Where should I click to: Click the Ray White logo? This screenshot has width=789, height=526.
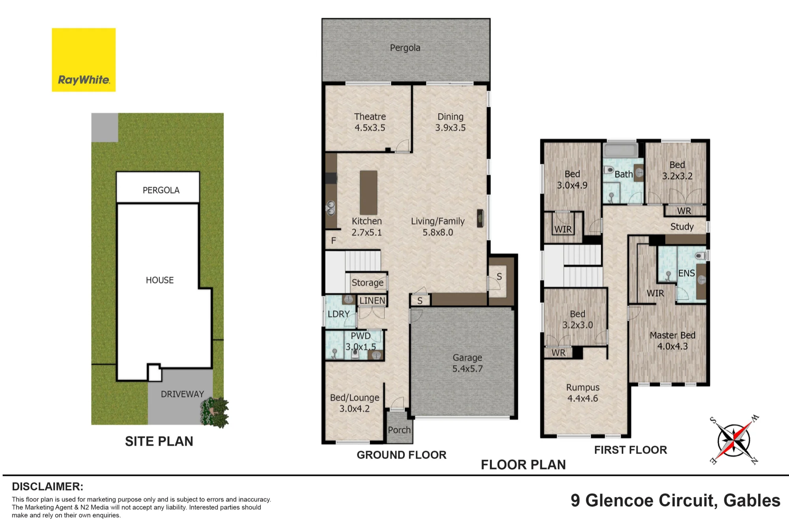click(84, 60)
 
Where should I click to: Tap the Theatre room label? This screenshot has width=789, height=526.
click(370, 117)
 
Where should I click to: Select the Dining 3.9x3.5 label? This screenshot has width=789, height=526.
click(450, 122)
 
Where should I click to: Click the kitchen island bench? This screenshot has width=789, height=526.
click(368, 192)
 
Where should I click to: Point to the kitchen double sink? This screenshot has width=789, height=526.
click(331, 208)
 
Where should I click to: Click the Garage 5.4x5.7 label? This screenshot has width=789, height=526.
click(467, 363)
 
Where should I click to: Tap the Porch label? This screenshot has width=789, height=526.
click(399, 430)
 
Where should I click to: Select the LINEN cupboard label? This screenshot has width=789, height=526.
click(372, 301)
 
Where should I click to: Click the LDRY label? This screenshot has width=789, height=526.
click(339, 314)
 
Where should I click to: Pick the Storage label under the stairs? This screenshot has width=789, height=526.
click(367, 283)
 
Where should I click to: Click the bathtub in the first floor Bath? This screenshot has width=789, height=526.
click(621, 150)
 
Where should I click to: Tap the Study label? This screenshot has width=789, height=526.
click(682, 227)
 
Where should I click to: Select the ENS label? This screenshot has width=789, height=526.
click(686, 273)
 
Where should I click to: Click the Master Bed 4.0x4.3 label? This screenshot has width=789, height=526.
click(672, 341)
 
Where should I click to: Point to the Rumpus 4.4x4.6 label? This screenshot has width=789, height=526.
click(583, 393)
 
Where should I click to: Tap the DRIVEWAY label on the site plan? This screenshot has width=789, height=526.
click(182, 394)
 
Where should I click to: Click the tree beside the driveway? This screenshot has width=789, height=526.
click(215, 412)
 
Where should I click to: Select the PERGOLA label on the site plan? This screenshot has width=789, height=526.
click(161, 190)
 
